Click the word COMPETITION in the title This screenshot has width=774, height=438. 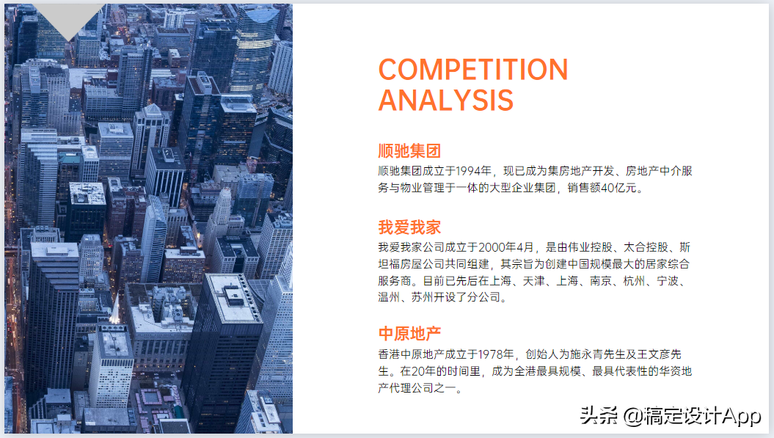click(x=473, y=69)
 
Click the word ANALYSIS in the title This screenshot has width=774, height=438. click(x=446, y=101)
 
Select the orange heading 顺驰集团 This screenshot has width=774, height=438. click(x=409, y=150)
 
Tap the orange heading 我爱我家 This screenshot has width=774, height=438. click(x=409, y=227)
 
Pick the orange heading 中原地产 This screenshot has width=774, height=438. click(x=409, y=333)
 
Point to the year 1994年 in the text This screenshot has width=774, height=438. click(x=473, y=171)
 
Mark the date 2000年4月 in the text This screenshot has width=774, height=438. click(x=506, y=247)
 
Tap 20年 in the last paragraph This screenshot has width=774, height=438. click(x=423, y=371)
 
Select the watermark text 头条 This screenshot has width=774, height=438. click(x=598, y=415)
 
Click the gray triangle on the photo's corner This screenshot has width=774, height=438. click(x=68, y=17)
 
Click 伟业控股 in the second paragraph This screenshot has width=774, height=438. click(x=590, y=247)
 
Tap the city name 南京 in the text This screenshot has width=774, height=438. click(x=600, y=280)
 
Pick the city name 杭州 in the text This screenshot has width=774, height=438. click(x=634, y=280)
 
